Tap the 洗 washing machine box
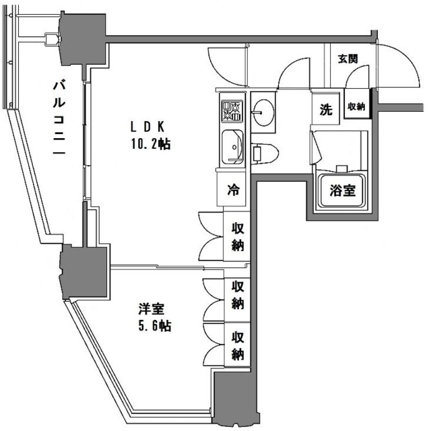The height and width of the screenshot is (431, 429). (x=326, y=110)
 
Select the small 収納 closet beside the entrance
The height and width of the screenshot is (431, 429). (x=356, y=106)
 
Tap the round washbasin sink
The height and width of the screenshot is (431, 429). (x=264, y=110)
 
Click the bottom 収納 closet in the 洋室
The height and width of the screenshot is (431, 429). (x=238, y=344)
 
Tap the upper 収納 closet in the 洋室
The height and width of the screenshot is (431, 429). (x=238, y=295)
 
